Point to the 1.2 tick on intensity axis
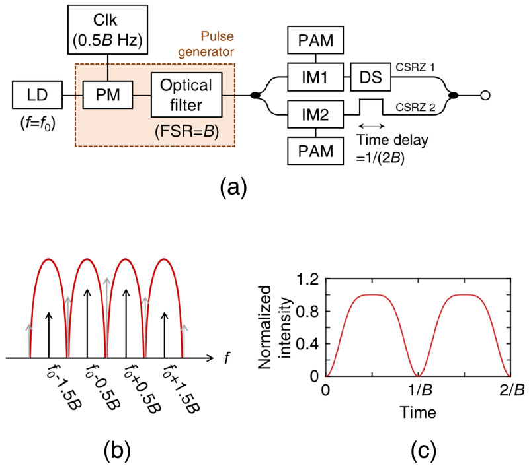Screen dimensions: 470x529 [309, 281]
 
